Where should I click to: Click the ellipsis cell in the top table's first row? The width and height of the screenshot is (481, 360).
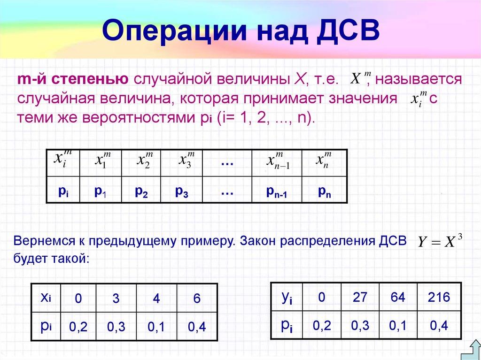(x=227, y=163)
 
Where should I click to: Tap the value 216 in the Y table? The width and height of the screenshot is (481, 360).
(x=439, y=297)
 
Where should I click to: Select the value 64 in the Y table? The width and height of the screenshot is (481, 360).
(x=397, y=297)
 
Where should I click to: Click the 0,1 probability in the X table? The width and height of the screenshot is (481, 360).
(x=156, y=327)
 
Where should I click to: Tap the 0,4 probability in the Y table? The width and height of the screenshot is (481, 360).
(x=439, y=325)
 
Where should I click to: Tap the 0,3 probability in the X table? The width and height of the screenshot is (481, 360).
(x=116, y=327)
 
